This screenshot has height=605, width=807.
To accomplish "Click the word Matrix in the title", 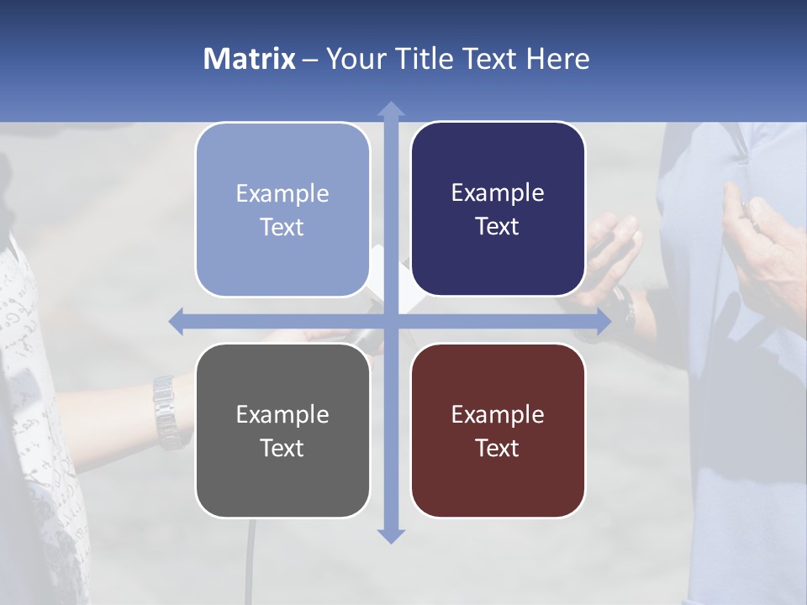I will point(249,59).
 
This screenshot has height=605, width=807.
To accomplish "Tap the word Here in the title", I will point(557,59).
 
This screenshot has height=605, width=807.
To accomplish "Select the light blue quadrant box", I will point(282,210).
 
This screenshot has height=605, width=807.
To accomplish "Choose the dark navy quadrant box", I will point(498,209).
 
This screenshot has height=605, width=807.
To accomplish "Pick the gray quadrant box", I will point(282,430).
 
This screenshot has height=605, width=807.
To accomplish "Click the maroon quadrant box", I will point(498,430).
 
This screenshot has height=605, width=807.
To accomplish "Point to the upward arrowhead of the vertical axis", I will point(391,110).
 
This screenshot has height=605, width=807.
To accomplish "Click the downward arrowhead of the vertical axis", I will point(391,534).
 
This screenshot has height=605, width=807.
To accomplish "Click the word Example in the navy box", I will point(498,193).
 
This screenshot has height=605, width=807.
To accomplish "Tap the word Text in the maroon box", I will point(498,448).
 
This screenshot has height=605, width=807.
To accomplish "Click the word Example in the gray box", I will point(282,414).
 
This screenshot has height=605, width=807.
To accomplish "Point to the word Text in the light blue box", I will point(282,228).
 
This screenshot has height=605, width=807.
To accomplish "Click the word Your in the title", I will point(352,59).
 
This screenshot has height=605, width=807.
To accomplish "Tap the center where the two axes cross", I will point(391,321).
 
